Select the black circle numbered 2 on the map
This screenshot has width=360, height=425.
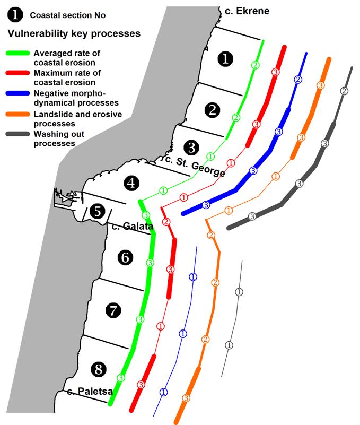click(212, 110)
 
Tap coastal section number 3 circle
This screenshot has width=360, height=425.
click(191, 146)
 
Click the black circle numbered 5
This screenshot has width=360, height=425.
click(97, 211)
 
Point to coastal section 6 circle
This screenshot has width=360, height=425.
click(125, 258)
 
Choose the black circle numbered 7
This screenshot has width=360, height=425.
click(113, 310)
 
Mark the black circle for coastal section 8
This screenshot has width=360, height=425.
click(98, 367)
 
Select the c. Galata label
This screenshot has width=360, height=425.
click(133, 227)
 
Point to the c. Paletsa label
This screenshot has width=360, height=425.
click(91, 392)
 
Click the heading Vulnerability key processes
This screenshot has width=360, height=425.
click(74, 33)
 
